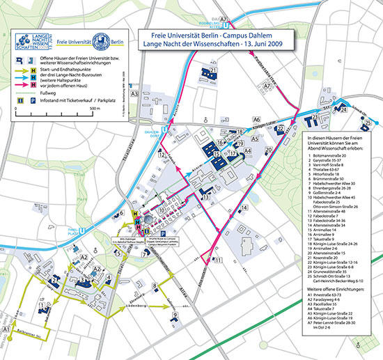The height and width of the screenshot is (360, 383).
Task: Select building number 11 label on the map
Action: click(x=219, y=260)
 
